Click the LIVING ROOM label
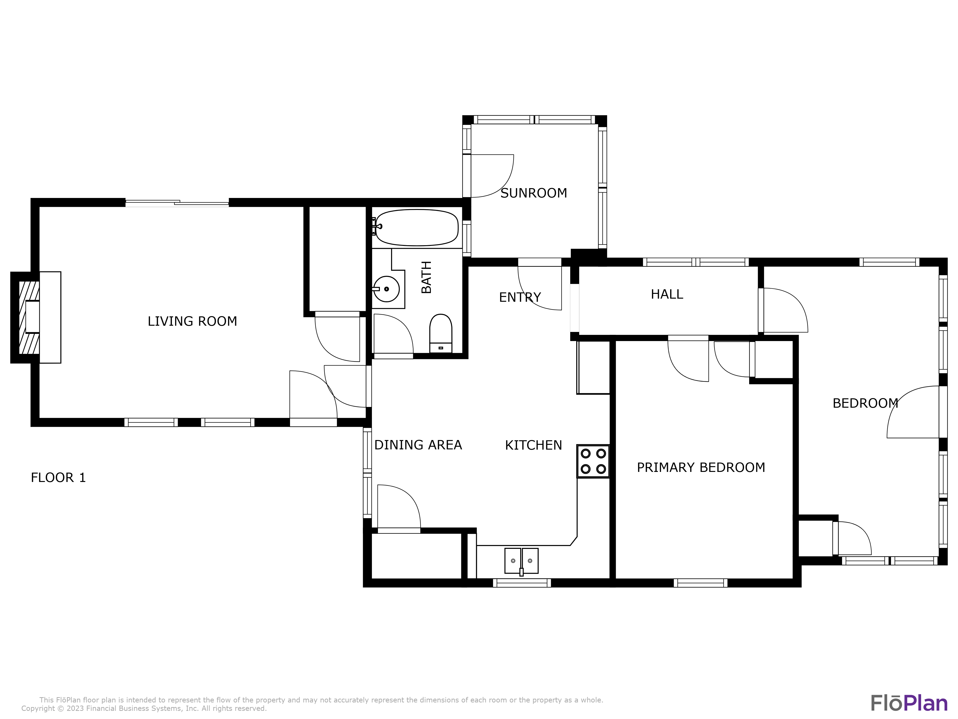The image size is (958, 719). click(192, 321)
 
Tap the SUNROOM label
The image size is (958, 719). click(534, 193)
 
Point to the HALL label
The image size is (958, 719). click(667, 294)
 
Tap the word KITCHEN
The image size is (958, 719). click(534, 445)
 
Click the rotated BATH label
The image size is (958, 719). click(427, 277)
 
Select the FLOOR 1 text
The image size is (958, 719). click(58, 478)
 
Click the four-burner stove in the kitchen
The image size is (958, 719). click(593, 461)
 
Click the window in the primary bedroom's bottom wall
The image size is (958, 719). click(700, 583)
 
